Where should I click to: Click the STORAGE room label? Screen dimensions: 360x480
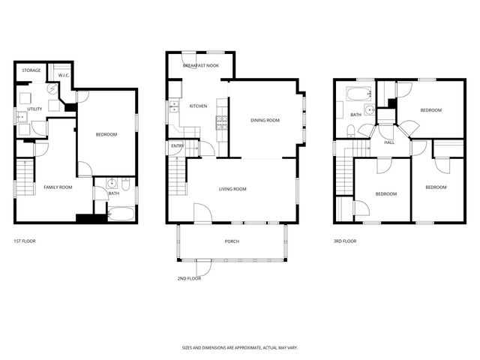point(31,70)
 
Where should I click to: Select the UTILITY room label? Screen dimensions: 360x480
point(34,109)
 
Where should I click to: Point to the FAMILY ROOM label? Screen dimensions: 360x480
point(57,187)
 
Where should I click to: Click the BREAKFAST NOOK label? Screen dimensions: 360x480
point(200,66)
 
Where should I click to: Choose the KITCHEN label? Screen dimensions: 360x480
point(198,106)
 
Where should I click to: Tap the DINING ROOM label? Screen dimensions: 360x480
point(265,120)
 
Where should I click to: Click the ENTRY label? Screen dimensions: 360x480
point(178,146)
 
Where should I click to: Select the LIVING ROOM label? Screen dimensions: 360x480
point(232,189)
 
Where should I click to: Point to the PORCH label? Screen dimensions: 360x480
point(232,241)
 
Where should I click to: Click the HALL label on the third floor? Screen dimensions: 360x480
point(389,142)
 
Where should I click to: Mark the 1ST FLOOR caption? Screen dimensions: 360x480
point(25,241)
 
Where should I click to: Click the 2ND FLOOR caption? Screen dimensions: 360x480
point(189,278)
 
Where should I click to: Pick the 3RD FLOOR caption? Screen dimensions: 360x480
point(345,241)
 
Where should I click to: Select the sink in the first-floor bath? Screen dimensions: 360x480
point(112,182)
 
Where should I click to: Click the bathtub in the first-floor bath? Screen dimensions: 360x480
point(121,215)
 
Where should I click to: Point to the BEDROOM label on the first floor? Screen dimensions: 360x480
point(106,134)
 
